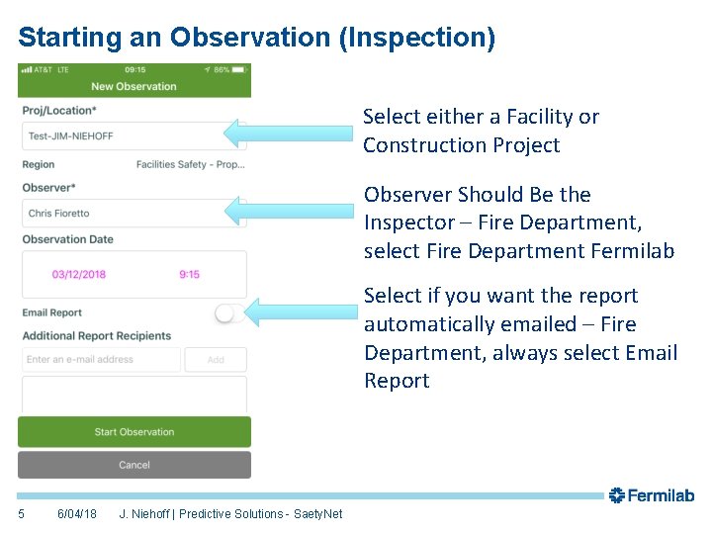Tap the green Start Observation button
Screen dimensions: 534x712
point(134,432)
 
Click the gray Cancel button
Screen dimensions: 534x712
point(134,465)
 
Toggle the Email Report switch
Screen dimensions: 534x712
point(227,313)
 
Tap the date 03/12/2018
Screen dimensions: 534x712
point(79,274)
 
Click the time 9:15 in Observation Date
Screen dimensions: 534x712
point(189,274)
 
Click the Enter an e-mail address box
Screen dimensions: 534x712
point(101,360)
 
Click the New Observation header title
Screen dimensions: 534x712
point(133,86)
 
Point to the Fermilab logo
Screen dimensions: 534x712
point(652,495)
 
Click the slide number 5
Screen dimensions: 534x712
point(22,514)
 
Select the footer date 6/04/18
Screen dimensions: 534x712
point(77,514)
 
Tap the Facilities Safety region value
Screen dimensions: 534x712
point(190,164)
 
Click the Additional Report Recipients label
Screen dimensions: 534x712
point(97,336)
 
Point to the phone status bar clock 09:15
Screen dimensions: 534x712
point(135,70)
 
